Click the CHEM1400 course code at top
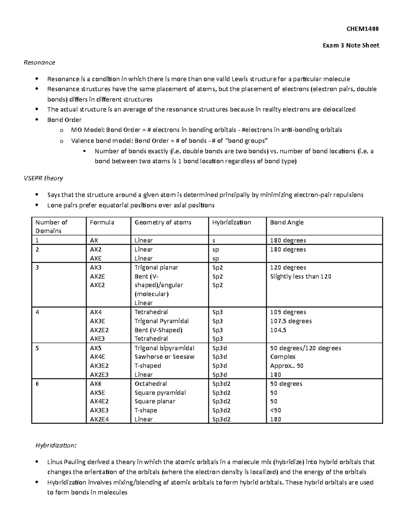click(362, 29)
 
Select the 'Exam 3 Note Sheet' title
click(351, 45)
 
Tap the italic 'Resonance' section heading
click(39, 62)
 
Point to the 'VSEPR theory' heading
click(43, 178)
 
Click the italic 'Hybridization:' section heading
click(56, 445)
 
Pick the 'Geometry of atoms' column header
click(163, 223)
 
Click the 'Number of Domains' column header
click(51, 227)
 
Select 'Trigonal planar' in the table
click(156, 268)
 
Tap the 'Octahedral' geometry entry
click(151, 384)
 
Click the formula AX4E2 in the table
click(99, 401)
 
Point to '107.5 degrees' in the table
click(291, 321)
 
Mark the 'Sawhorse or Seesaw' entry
click(165, 357)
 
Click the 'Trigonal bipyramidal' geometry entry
click(164, 348)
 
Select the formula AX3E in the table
click(98, 321)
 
